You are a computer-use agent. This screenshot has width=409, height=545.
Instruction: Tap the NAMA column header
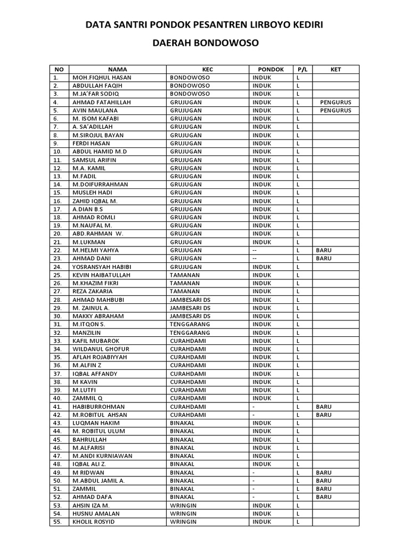click(x=118, y=69)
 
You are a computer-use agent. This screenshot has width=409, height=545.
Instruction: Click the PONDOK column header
click(x=271, y=69)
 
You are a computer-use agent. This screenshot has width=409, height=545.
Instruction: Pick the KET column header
click(x=336, y=69)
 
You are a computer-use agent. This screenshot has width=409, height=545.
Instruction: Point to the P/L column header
click(x=302, y=69)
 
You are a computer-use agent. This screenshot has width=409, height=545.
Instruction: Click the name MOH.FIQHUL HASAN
click(x=101, y=78)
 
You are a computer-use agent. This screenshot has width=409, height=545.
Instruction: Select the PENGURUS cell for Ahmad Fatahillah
click(x=336, y=102)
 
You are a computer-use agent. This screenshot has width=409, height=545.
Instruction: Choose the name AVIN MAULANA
click(x=95, y=111)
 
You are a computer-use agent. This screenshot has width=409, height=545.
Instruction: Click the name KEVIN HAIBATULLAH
click(x=101, y=275)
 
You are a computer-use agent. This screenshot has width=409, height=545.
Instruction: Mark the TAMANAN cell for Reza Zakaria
click(x=184, y=292)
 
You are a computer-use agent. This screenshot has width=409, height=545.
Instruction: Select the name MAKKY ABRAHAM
click(x=98, y=316)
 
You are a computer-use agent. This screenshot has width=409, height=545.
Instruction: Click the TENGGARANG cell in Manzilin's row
click(x=190, y=333)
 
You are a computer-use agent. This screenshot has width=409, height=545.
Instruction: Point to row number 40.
click(x=58, y=398)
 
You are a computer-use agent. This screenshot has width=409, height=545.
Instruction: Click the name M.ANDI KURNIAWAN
click(x=103, y=456)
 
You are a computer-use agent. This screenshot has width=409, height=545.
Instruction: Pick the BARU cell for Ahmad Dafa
click(x=323, y=497)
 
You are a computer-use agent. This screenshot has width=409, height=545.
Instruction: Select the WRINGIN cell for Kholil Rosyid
click(x=183, y=522)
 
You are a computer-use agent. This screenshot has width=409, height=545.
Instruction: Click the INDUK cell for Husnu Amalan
click(x=262, y=514)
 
